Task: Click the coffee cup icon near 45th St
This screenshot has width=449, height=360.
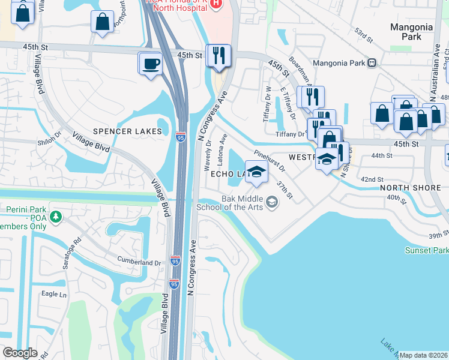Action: [x=150, y=63]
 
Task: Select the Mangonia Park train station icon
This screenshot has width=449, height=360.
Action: [x=373, y=62]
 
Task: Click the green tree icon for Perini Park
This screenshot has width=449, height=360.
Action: [x=55, y=216]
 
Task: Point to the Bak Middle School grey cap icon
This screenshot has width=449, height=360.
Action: [x=273, y=202]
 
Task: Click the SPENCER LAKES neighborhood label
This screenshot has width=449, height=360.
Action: [x=127, y=131]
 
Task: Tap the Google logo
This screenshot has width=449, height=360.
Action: [x=20, y=353]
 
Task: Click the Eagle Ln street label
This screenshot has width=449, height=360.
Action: [x=54, y=294]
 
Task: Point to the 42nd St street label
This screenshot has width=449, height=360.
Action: [x=372, y=179]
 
